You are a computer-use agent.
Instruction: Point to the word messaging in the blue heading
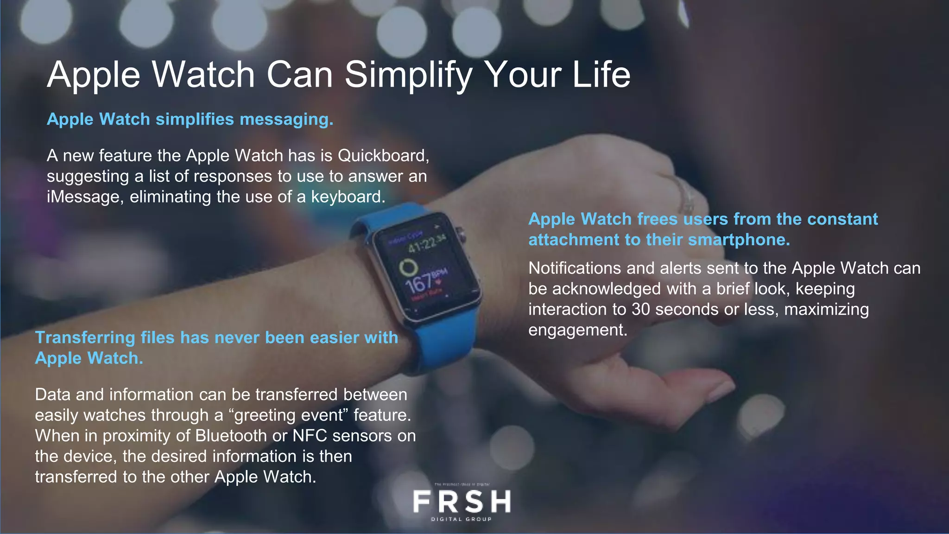[x=285, y=120]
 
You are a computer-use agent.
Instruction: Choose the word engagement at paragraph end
[x=577, y=330]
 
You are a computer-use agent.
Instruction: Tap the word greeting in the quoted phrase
[x=266, y=415]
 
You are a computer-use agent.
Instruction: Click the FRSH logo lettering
[x=462, y=502]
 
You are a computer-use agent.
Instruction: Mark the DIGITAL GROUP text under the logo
[x=462, y=519]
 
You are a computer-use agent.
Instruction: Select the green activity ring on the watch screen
[x=408, y=267]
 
